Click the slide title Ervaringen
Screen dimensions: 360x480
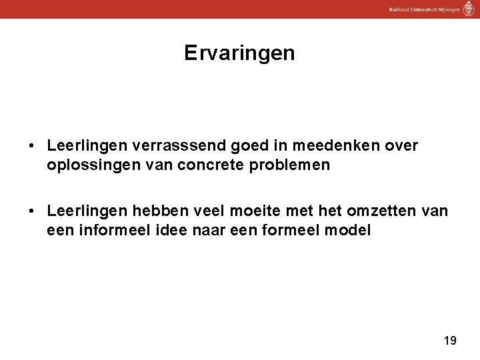[x=239, y=53]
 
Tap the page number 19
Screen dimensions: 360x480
[x=449, y=341]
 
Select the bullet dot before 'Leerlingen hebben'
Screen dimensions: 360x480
[x=32, y=212]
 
